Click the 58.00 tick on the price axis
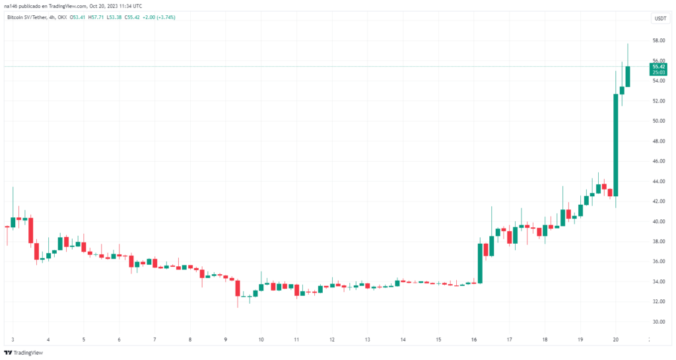658,40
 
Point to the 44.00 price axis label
658,181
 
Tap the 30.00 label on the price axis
658,322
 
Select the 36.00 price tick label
658,262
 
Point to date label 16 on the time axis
474,340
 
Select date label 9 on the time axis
225,340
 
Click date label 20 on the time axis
615,340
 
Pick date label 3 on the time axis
13,340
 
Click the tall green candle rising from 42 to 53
615,145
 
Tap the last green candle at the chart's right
628,76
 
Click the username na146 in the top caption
12,6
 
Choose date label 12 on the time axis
332,340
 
